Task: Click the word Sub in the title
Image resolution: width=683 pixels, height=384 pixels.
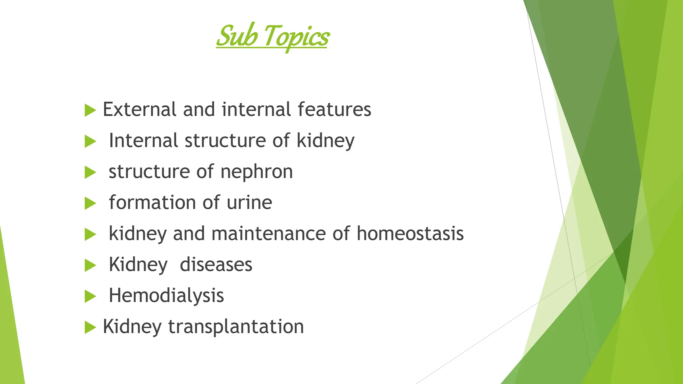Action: coord(237,36)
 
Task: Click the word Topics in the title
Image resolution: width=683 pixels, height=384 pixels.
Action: coord(296,37)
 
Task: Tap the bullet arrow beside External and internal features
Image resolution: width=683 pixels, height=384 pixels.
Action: coord(90,110)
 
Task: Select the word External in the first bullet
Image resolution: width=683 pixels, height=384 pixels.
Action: coord(139,109)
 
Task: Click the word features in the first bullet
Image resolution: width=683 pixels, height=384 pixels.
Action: coord(334,109)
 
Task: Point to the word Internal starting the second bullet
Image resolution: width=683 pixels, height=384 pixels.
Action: coord(143,140)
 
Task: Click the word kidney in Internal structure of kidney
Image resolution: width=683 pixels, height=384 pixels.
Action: coord(325,141)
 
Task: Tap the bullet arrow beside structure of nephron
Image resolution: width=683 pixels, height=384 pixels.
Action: coord(90,172)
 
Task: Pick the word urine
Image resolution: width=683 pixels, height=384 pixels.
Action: coord(249,203)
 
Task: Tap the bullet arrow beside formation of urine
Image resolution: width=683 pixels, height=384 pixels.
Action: coord(90,203)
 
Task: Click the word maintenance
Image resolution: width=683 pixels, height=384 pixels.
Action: coord(268,233)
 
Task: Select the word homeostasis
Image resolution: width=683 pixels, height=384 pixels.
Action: coord(410,233)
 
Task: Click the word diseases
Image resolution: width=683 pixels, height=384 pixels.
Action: coord(216,265)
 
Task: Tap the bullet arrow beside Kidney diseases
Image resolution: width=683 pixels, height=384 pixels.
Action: coord(90,265)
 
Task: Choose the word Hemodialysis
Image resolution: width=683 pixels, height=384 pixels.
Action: coord(166,296)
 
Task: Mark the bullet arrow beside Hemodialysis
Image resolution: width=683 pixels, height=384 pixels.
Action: coord(90,296)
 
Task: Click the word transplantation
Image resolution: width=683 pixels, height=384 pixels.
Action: coord(236,327)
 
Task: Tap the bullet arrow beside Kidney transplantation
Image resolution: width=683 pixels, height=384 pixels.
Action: coord(90,327)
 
